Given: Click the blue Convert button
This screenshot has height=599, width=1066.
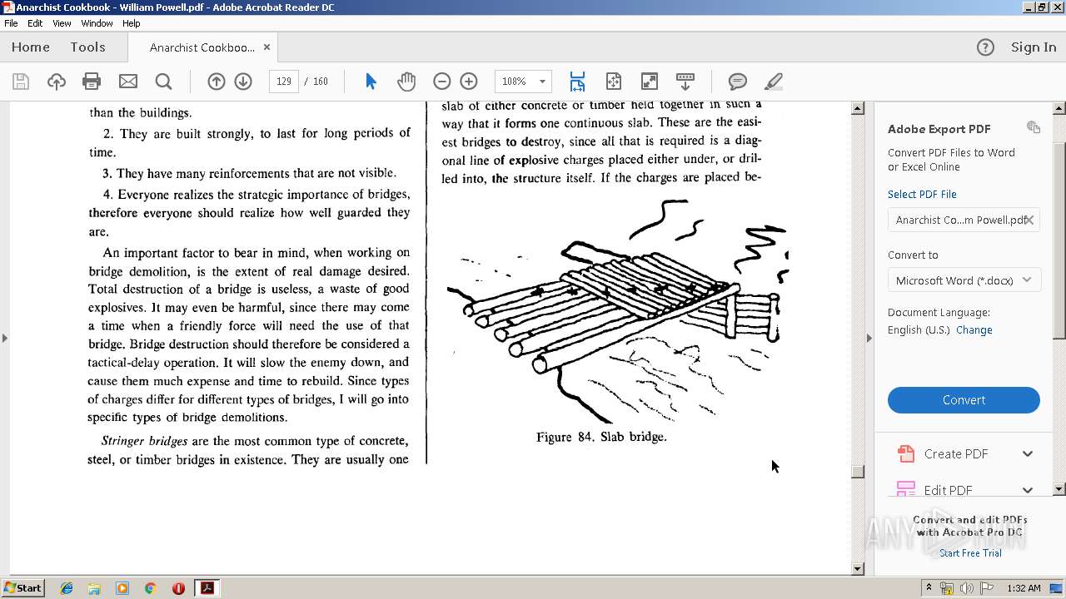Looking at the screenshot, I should tap(964, 400).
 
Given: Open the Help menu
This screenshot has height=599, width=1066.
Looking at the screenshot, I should tap(132, 23).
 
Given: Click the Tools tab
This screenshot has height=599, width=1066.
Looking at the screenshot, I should tap(87, 47).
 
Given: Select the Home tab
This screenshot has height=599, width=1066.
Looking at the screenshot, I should tap(31, 47).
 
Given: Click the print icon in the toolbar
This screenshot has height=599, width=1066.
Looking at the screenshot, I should tap(92, 82).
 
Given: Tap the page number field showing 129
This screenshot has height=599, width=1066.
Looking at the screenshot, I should tap(284, 82).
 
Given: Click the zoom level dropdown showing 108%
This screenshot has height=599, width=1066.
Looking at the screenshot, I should tap(523, 82).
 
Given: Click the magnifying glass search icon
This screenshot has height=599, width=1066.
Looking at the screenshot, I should tap(164, 82).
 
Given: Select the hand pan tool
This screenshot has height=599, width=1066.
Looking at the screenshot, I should tap(406, 82).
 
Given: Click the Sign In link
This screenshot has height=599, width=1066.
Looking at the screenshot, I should tap(1033, 47).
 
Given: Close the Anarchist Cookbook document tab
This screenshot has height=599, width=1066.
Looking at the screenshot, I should tap(266, 47).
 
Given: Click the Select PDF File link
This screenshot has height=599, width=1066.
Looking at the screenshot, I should tap(922, 195).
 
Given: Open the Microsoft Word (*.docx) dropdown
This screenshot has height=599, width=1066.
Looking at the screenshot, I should tap(964, 280).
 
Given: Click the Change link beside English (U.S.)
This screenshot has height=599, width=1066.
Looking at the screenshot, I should tap(974, 330).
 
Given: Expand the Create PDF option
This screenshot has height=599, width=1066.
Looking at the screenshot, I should tap(1027, 454).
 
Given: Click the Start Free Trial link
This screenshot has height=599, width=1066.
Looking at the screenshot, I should tap(970, 553).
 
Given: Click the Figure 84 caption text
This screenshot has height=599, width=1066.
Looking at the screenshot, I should tap(601, 437).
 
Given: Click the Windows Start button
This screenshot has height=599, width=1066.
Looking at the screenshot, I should tap(23, 588).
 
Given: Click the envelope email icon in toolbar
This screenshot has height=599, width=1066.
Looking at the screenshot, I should tap(128, 82).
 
